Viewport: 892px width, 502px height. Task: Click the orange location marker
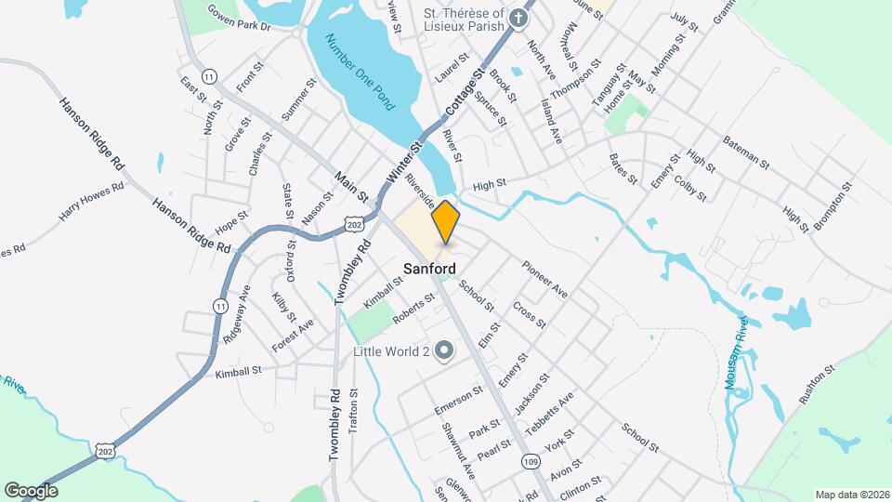tap(446, 222)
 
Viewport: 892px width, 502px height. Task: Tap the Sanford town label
tap(429, 269)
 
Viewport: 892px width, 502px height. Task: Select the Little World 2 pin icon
tap(444, 351)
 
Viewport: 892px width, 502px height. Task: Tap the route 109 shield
tap(531, 462)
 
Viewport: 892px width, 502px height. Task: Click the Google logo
tap(31, 490)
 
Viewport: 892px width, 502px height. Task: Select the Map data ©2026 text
tap(851, 495)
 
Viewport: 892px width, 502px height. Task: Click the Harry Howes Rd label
tap(91, 203)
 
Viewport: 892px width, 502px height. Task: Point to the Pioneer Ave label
tap(544, 279)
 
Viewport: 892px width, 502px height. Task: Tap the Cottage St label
tap(466, 93)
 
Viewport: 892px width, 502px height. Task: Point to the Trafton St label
tap(353, 411)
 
